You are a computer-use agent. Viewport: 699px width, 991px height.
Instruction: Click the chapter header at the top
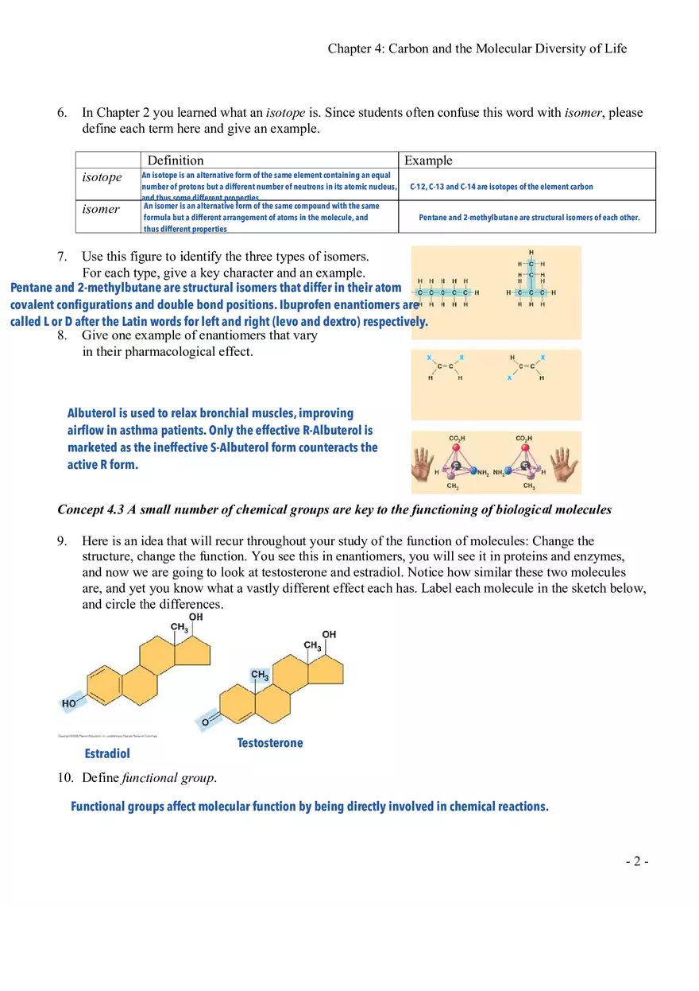point(477,48)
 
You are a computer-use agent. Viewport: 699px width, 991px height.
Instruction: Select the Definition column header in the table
point(176,161)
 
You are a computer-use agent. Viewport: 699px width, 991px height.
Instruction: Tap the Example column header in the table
point(428,161)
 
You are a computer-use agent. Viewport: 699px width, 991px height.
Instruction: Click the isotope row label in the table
point(102,177)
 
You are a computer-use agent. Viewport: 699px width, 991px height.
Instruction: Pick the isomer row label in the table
point(101,209)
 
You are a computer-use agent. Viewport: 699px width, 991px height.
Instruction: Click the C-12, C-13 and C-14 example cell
point(501,187)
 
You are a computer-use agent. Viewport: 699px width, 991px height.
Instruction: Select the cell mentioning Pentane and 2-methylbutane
point(529,217)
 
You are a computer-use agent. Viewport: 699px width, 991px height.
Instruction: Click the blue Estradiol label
point(107,753)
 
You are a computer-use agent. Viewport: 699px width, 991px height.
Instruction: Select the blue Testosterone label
point(270,743)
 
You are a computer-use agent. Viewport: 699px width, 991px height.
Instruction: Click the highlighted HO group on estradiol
point(71,703)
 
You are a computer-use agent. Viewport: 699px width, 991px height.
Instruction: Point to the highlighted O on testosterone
point(206,722)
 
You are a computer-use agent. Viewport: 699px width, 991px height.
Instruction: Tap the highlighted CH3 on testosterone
point(259,675)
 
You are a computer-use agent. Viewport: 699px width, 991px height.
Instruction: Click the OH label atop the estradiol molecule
point(195,617)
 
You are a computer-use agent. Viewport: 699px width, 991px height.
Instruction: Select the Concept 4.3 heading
point(334,509)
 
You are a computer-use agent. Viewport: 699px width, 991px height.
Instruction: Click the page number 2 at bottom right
point(638,861)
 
